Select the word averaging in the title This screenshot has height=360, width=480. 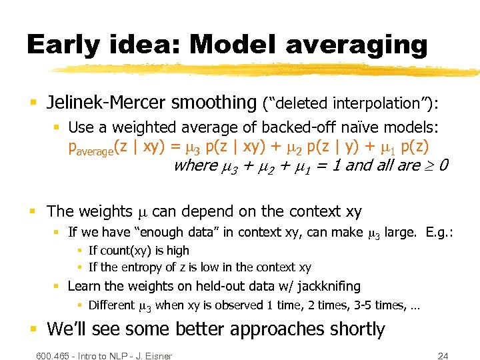356,45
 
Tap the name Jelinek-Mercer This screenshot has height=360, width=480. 107,103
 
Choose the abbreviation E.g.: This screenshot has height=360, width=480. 437,233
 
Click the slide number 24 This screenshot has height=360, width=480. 442,355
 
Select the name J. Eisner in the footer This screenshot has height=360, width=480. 153,355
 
